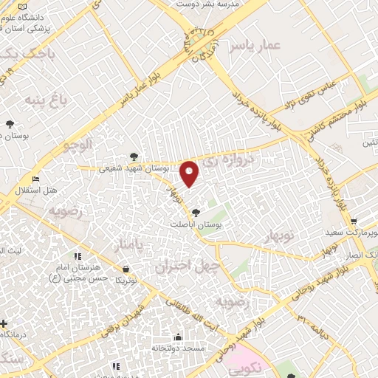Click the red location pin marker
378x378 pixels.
190,173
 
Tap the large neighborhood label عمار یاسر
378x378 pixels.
255,46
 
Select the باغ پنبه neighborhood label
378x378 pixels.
40,98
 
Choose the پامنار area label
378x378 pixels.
124,245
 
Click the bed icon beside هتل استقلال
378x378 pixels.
35,179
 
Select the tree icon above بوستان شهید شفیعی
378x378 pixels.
133,156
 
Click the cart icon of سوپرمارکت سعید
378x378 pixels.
354,221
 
